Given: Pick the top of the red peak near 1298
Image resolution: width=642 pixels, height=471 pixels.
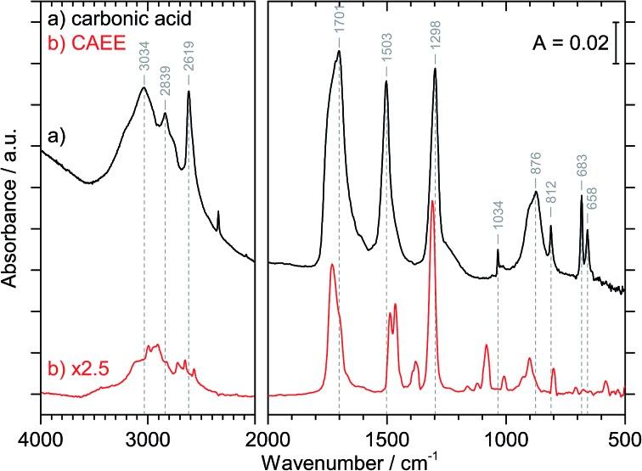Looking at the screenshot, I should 433,201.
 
